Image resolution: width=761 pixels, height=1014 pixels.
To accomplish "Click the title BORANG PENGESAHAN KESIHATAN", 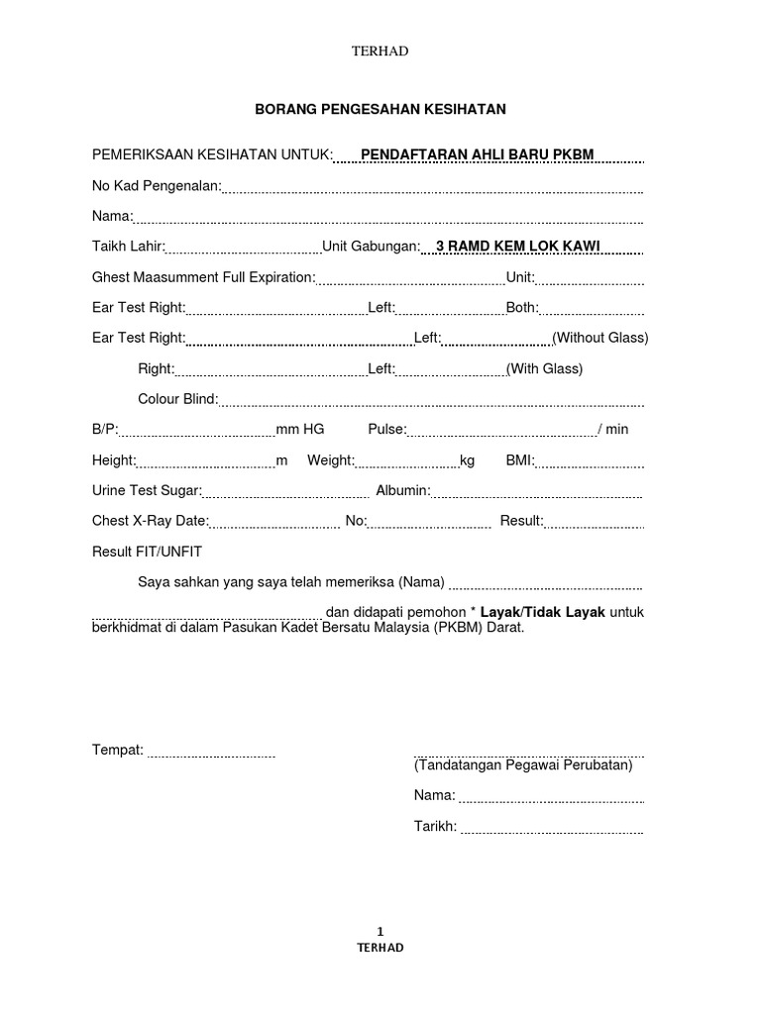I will tap(380, 109).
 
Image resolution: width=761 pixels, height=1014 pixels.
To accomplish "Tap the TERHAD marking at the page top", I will tap(380, 51).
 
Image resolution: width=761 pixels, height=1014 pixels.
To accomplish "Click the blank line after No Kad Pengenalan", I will tap(433, 187).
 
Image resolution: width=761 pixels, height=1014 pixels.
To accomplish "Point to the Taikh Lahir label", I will tap(128, 247).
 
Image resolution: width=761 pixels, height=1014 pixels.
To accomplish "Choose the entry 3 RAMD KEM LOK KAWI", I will tap(511, 247).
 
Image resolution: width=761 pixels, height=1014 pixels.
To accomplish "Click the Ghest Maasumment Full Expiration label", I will tap(203, 277).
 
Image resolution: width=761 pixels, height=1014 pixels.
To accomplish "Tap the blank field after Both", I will tap(592, 310).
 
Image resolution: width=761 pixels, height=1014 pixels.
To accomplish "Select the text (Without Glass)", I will tap(600, 338).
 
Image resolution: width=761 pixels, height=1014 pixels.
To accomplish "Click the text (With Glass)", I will tap(544, 368).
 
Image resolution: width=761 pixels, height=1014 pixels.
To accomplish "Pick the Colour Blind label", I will tap(177, 399).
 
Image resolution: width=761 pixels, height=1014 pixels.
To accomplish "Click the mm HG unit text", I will tap(300, 430).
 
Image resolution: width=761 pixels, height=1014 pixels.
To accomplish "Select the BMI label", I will tap(520, 460).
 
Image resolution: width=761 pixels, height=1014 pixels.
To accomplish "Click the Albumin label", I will tap(400, 490).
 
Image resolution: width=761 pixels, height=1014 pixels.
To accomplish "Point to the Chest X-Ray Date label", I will tap(150, 521).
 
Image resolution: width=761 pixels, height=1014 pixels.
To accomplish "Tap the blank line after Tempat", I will tap(211, 753).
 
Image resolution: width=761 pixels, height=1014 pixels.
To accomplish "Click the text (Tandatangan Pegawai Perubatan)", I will tap(523, 765).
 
